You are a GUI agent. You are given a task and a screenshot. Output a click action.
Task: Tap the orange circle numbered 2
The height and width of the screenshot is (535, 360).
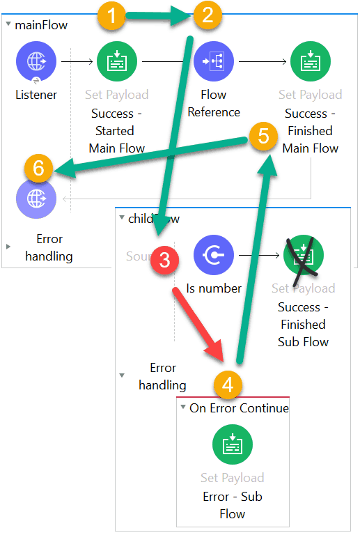click(203, 16)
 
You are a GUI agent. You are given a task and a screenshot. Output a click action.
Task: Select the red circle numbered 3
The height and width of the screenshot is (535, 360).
click(164, 260)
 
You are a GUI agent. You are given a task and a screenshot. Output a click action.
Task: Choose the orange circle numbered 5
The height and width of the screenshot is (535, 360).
click(263, 137)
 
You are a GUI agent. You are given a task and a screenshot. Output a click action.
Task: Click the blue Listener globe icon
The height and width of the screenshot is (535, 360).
click(36, 61)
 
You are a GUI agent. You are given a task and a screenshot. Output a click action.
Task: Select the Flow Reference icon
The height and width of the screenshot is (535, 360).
click(214, 61)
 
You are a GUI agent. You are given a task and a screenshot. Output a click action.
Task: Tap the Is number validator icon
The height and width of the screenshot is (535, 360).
click(214, 256)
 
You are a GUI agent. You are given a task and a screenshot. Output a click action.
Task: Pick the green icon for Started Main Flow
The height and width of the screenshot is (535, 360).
click(116, 61)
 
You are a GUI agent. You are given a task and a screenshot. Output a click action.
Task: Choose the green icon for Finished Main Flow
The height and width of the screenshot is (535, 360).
click(310, 61)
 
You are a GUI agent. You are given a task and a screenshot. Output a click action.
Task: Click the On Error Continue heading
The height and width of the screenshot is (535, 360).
click(238, 408)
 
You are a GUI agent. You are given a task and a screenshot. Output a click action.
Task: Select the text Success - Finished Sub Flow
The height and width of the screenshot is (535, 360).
click(303, 324)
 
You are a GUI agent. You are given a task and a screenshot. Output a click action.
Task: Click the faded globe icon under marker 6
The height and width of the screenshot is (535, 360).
click(36, 199)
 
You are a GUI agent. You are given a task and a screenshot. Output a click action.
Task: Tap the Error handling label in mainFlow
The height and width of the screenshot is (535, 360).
click(49, 247)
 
